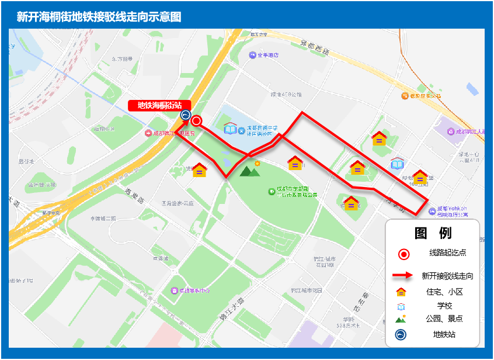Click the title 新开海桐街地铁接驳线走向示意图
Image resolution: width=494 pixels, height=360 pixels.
pos(99,17)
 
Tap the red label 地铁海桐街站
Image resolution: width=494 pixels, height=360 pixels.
pos(159,105)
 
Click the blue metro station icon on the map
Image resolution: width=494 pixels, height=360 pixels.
pos(186,115)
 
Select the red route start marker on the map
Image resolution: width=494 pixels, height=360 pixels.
pos(197,122)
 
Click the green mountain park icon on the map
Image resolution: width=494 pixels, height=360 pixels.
pos(250,171)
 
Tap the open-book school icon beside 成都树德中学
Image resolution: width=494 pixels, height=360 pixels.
pos(231,129)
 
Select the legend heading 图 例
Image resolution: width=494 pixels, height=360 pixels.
pos(433,233)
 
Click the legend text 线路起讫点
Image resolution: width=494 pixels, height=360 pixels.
pos(448,253)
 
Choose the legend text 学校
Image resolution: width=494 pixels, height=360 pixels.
pos(444,306)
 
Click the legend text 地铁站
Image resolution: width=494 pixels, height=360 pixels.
pos(444,335)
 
